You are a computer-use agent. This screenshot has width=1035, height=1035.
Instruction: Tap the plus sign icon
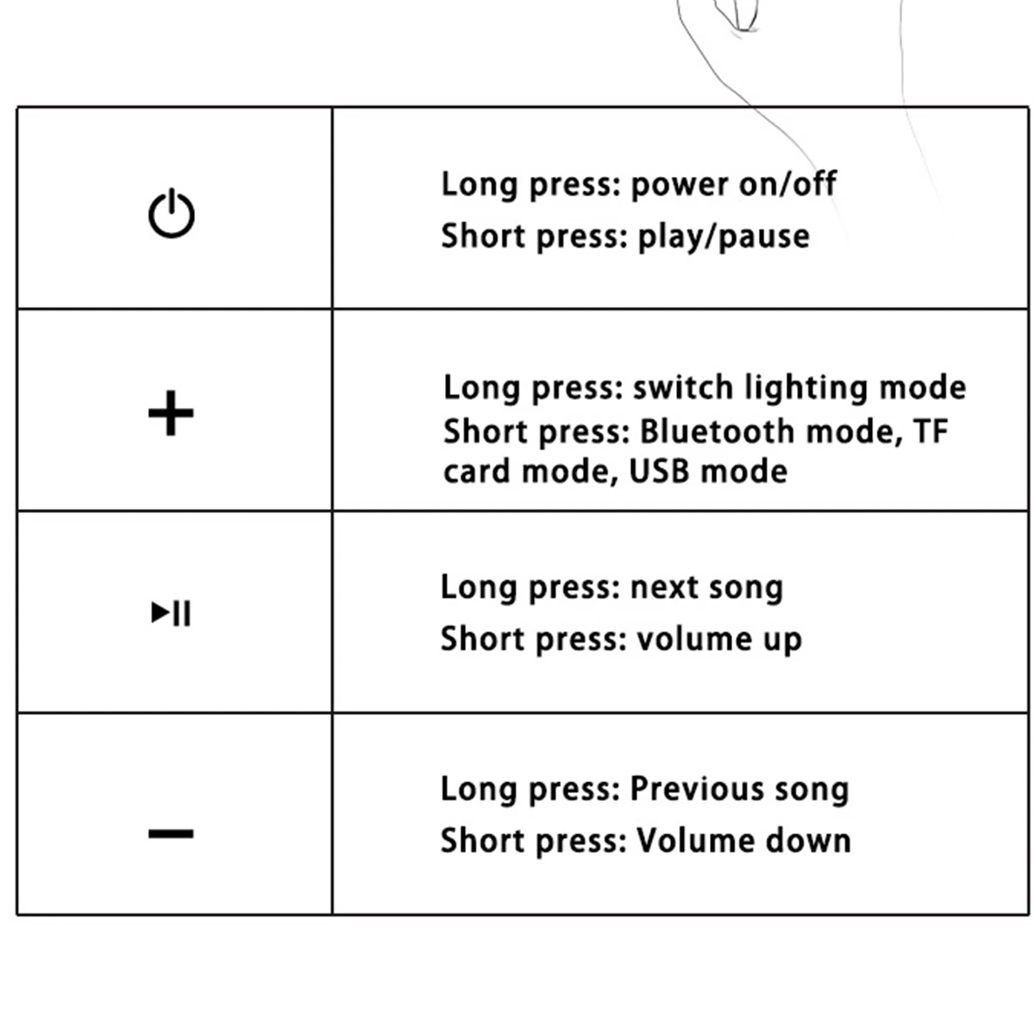(171, 413)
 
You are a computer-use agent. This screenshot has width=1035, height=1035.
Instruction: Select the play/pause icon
(171, 613)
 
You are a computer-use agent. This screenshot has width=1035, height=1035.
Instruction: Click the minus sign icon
(171, 833)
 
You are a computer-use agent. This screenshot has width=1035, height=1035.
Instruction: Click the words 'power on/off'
(734, 185)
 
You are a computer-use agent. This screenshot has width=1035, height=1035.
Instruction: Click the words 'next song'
(706, 588)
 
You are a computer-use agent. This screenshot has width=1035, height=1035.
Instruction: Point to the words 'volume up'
(719, 640)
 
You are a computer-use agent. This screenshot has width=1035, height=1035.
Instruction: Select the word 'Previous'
(697, 789)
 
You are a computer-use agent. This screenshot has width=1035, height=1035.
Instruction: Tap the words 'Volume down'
(743, 841)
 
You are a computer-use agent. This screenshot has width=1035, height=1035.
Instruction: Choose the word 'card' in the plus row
(477, 472)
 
